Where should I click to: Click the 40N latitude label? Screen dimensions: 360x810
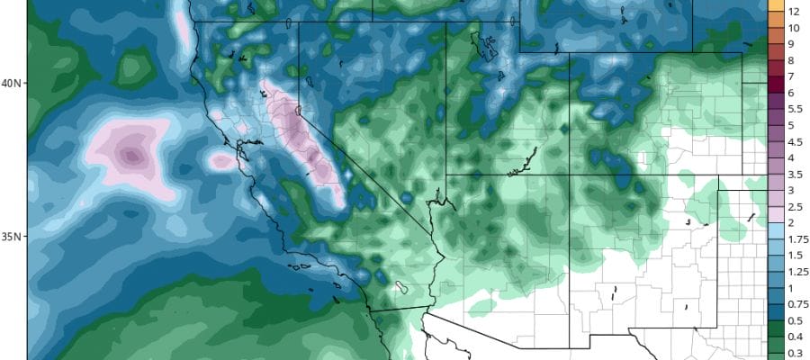point(12,83)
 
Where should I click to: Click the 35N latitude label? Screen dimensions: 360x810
point(12,237)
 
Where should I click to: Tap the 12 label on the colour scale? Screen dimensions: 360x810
point(795,12)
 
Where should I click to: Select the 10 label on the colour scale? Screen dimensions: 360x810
point(795,28)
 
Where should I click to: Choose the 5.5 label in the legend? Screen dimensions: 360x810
point(795,109)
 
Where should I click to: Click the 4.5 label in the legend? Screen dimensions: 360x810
point(795,142)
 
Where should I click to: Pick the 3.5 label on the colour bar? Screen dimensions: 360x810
point(795,175)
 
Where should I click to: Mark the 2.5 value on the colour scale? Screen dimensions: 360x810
point(795,207)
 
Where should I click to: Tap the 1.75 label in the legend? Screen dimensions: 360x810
point(797,239)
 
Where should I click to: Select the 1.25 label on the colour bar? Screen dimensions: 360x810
point(797,272)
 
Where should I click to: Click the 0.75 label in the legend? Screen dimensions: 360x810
point(797,304)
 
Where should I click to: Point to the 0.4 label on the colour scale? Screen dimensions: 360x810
point(795,337)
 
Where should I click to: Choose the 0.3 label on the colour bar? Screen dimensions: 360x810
point(795,353)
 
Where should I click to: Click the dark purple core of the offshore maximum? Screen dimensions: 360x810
point(132,157)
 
